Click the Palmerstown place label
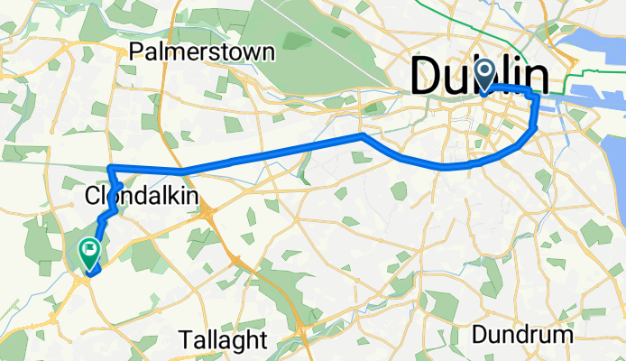tap(202, 51)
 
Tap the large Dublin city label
tap(480, 78)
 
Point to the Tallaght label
tap(223, 340)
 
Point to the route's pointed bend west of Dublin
tap(363, 135)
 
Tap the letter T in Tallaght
tap(186, 340)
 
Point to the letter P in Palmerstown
tap(136, 51)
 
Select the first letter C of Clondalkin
tap(92, 196)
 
